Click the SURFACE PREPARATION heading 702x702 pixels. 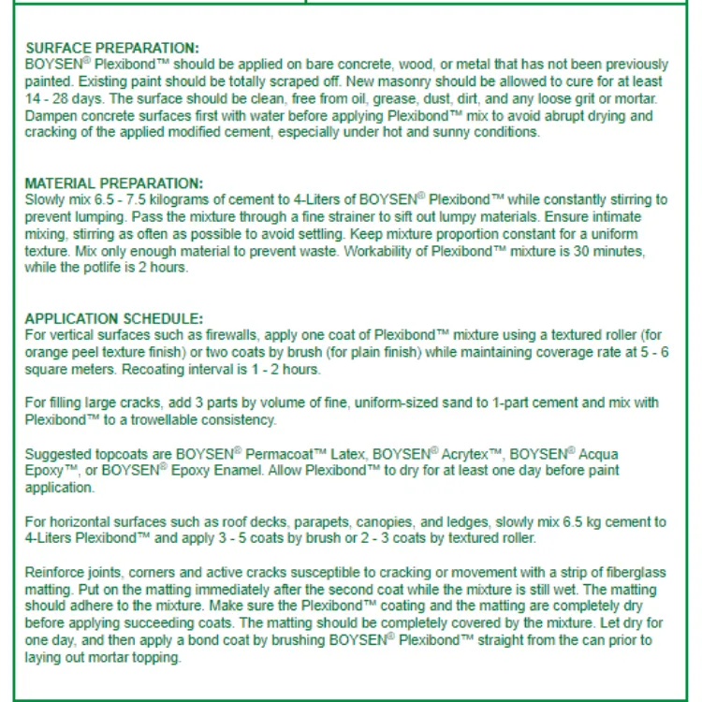(111, 48)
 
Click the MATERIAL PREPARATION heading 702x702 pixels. (113, 183)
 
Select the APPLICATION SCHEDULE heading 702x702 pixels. (113, 317)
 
